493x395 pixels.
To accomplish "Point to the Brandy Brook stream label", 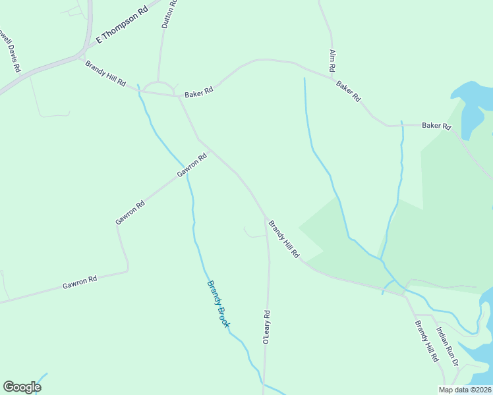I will tap(218, 304).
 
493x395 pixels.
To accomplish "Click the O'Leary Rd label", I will tap(266, 327).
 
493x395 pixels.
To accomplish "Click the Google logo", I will tap(22, 387).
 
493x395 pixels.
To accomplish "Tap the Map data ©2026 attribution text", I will tap(465, 390).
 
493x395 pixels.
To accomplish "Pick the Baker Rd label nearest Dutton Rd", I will tap(199, 93).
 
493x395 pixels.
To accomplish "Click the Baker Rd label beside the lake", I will tap(436, 125).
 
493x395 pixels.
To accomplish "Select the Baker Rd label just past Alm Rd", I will tap(349, 91).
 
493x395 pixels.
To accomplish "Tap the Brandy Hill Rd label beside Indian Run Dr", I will tap(426, 341).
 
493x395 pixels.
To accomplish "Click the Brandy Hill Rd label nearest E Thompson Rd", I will tap(105, 73).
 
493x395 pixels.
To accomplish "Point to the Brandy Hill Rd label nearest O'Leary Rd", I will tap(284, 239).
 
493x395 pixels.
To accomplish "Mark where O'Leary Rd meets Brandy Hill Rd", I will tap(266, 218).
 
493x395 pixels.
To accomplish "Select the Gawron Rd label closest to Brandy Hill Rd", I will tap(192, 166).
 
